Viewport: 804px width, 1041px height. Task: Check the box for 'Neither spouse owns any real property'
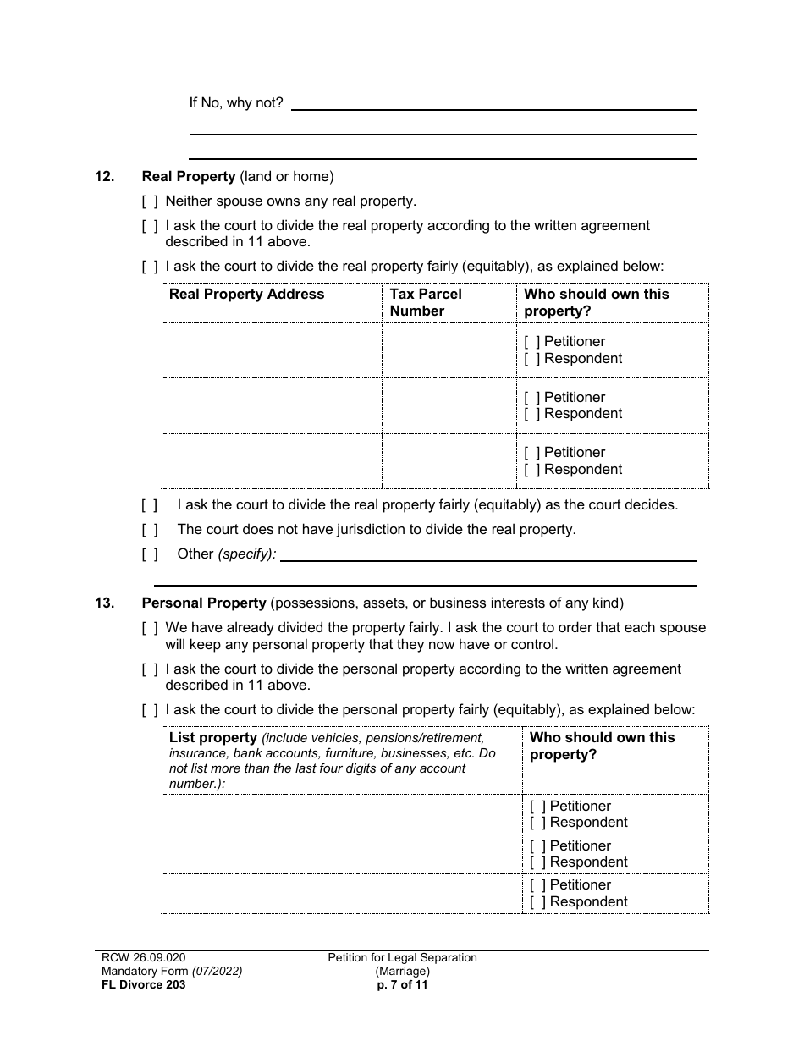tap(150, 201)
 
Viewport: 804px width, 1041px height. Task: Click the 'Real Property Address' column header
tap(246, 295)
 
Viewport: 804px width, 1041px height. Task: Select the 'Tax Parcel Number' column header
tap(426, 302)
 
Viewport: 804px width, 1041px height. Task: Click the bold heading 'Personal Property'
tap(204, 603)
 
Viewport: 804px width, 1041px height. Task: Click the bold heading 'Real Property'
tap(189, 177)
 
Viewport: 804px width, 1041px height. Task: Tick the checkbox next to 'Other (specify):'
tap(150, 554)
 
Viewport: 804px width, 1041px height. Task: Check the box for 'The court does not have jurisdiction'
tap(150, 530)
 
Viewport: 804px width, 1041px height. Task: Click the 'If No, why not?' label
tap(235, 103)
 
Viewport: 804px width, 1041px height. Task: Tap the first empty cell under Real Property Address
tap(272, 350)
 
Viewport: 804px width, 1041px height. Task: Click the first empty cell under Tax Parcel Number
tap(449, 350)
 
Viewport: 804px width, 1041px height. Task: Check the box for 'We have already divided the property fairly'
tap(150, 628)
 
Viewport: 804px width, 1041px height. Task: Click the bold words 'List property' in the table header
tap(212, 738)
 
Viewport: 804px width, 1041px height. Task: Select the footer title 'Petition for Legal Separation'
tap(403, 958)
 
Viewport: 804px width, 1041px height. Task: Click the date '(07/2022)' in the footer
tap(216, 972)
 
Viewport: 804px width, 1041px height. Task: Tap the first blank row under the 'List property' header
tap(341, 814)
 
